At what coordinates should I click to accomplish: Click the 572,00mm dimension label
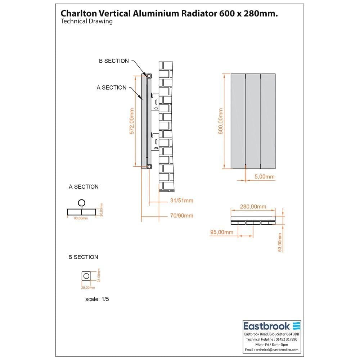click(132, 121)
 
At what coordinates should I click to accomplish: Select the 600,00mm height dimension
click(221, 121)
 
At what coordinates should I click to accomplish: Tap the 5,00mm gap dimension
click(265, 176)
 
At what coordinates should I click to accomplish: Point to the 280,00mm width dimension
click(253, 207)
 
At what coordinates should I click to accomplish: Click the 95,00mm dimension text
click(221, 232)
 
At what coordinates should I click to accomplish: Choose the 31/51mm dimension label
click(181, 201)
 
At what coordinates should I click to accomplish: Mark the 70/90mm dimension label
click(181, 216)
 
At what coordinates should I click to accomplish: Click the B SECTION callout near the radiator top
click(114, 61)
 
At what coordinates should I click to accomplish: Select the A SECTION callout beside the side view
click(112, 87)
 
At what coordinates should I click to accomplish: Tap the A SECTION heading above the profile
click(84, 186)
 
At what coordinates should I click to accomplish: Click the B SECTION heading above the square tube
click(83, 257)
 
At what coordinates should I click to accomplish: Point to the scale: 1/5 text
click(97, 299)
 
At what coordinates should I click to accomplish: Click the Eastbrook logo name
click(267, 326)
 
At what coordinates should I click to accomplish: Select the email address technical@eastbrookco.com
click(272, 350)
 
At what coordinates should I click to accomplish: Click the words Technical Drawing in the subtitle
click(87, 21)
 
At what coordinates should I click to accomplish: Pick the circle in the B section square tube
click(86, 276)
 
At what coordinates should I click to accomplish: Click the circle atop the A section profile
click(82, 203)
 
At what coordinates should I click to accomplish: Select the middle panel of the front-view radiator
click(253, 121)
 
